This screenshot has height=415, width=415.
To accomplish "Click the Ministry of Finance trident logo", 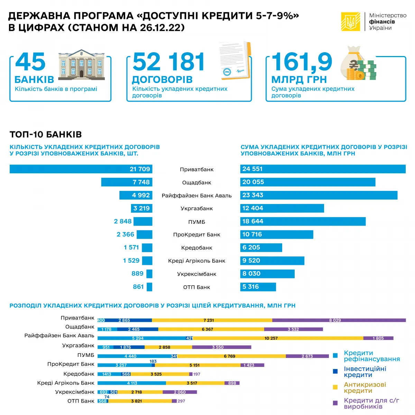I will pyautogui.click(x=351, y=22).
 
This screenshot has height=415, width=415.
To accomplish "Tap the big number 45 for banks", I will pyautogui.click(x=30, y=62).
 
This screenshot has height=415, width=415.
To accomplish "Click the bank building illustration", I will pyautogui.click(x=82, y=64).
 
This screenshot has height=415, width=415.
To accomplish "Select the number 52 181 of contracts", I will pyautogui.click(x=169, y=62).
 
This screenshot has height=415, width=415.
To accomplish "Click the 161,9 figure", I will pyautogui.click(x=302, y=62).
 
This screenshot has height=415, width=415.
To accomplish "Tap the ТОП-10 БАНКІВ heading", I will pyautogui.click(x=46, y=135).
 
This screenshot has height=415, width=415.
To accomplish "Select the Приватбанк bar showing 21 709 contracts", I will pyautogui.click(x=81, y=169).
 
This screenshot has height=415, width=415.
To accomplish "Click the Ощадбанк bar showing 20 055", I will pyautogui.click(x=308, y=182).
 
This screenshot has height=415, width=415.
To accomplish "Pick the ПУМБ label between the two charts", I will pyautogui.click(x=196, y=222).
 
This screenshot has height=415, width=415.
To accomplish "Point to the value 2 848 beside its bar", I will pyautogui.click(x=123, y=221).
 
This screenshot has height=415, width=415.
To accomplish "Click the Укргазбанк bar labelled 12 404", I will pyautogui.click(x=282, y=208).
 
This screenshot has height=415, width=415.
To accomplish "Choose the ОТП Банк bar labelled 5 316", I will pyautogui.click(x=258, y=287).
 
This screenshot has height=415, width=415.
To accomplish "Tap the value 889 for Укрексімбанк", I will pyautogui.click(x=137, y=274).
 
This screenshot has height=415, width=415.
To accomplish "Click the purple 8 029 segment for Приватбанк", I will pyautogui.click(x=339, y=320).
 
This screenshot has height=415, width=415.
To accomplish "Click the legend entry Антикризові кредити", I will pyautogui.click(x=365, y=388).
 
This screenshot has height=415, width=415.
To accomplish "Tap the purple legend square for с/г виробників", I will pyautogui.click(x=335, y=403).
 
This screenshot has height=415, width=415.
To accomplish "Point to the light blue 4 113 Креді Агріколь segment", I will pyautogui.click(x=132, y=383).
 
